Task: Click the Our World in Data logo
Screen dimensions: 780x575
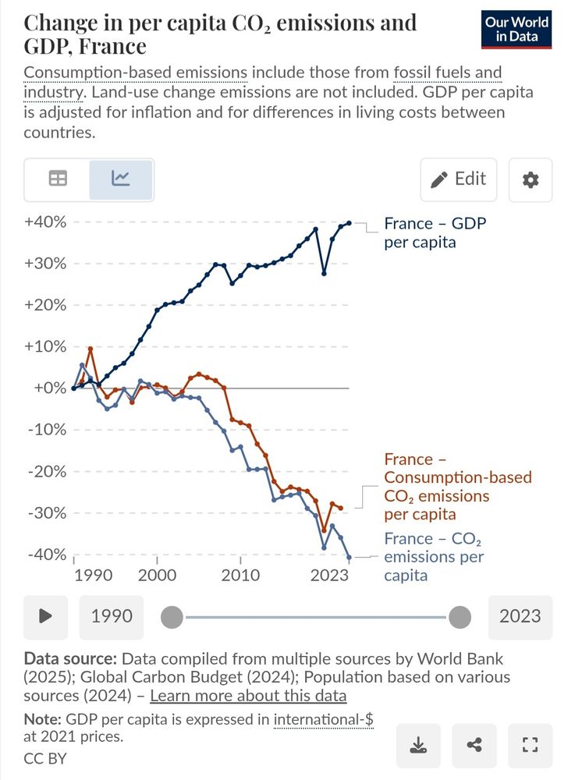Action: (516, 30)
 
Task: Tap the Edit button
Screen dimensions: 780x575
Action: (459, 179)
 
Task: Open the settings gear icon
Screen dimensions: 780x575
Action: (530, 179)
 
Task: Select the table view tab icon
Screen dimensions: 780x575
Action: (58, 179)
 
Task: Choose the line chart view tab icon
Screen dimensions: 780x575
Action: (121, 179)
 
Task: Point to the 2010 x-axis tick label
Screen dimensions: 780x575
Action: (240, 576)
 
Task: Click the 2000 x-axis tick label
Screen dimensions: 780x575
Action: (157, 576)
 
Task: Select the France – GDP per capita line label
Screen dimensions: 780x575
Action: (434, 232)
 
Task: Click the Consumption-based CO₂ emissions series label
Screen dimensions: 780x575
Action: (457, 487)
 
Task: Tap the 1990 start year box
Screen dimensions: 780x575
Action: (112, 616)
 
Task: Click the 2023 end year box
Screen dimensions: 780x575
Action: (520, 616)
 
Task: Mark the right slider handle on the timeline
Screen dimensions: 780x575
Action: (460, 618)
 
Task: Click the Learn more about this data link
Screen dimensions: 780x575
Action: (248, 696)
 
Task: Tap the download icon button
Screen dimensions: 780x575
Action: (418, 746)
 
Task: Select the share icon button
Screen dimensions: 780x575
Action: (474, 746)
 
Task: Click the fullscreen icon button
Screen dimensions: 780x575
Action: (530, 746)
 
